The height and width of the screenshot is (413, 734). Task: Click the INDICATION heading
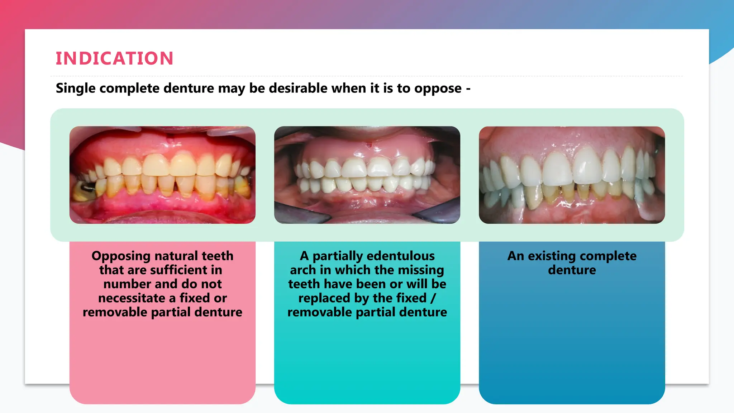pyautogui.click(x=115, y=58)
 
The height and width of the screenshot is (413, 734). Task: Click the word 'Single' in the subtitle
pyautogui.click(x=75, y=89)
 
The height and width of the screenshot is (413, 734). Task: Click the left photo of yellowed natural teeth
pyautogui.click(x=162, y=175)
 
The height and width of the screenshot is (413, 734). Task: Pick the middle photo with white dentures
pyautogui.click(x=367, y=175)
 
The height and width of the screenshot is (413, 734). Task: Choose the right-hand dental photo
pyautogui.click(x=572, y=175)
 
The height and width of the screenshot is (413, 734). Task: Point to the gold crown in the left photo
pyautogui.click(x=85, y=190)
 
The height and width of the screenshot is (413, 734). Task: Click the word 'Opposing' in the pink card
pyautogui.click(x=121, y=256)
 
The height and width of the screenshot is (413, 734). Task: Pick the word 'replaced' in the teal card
pyautogui.click(x=324, y=298)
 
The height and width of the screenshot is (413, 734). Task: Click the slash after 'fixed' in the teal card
pyautogui.click(x=433, y=298)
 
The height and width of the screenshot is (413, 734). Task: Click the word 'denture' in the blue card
pyautogui.click(x=572, y=270)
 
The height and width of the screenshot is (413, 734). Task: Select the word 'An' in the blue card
pyautogui.click(x=516, y=256)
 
